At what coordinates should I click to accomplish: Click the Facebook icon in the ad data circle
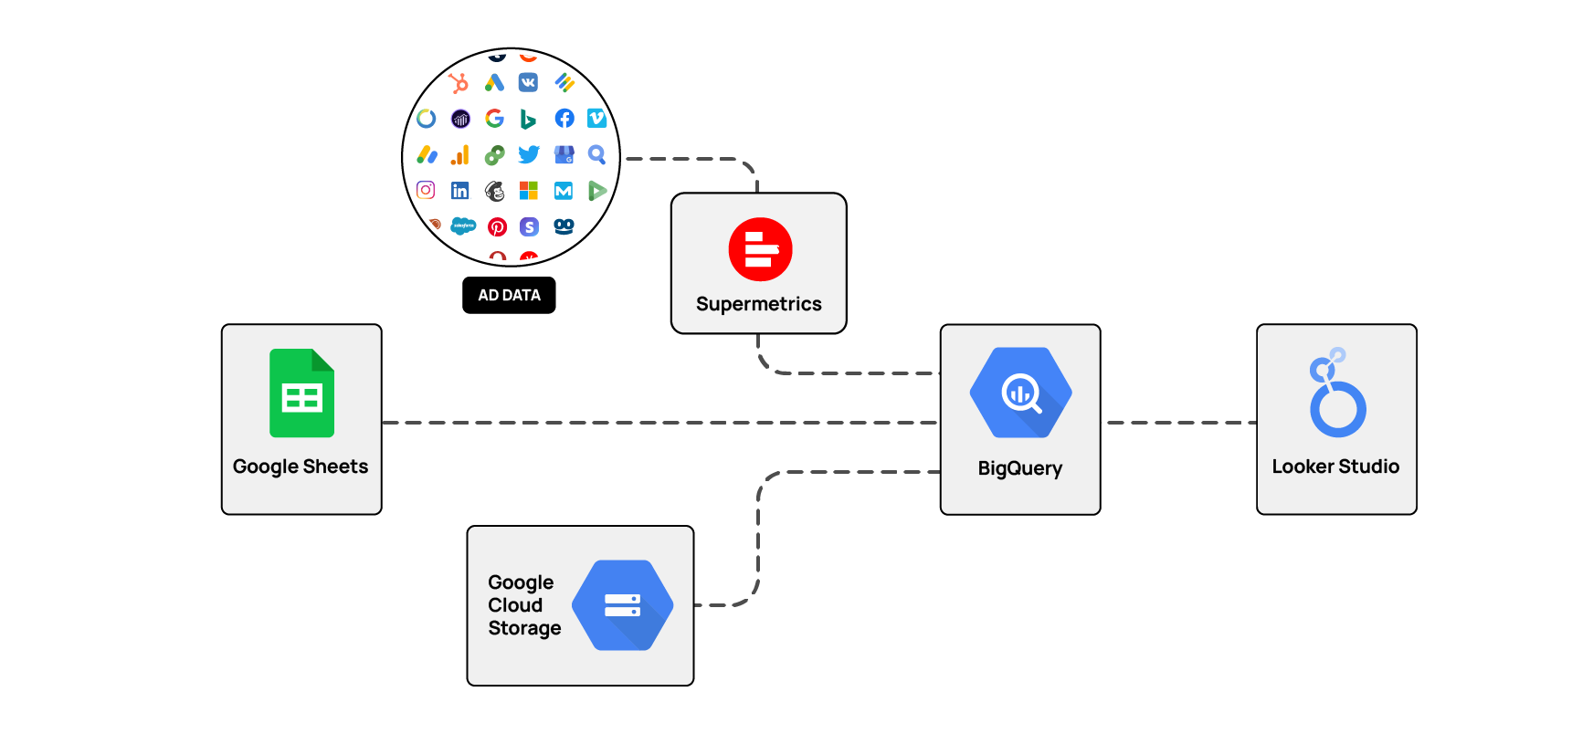pyautogui.click(x=564, y=119)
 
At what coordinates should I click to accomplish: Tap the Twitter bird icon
pyautogui.click(x=529, y=154)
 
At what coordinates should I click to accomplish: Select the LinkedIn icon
pyautogui.click(x=459, y=190)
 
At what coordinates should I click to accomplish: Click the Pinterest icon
pyautogui.click(x=497, y=226)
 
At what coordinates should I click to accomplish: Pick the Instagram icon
pyautogui.click(x=426, y=190)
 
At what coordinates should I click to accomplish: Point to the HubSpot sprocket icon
pyautogui.click(x=459, y=83)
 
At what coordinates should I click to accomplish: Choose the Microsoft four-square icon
pyautogui.click(x=529, y=190)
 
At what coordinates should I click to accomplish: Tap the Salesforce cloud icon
pyautogui.click(x=463, y=225)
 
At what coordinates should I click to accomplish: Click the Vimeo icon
pyautogui.click(x=596, y=118)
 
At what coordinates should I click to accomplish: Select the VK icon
pyautogui.click(x=528, y=83)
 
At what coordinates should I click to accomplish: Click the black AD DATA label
pyautogui.click(x=509, y=295)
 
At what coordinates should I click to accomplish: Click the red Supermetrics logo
pyautogui.click(x=760, y=249)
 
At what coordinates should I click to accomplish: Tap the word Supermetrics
pyautogui.click(x=758, y=304)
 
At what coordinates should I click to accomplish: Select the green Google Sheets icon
pyautogui.click(x=301, y=393)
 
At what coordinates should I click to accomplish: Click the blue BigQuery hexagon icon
pyautogui.click(x=1020, y=393)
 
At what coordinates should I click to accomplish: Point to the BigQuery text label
pyautogui.click(x=1019, y=468)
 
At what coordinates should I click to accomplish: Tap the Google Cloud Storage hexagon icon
pyautogui.click(x=622, y=605)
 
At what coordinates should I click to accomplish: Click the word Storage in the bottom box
pyautogui.click(x=524, y=628)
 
